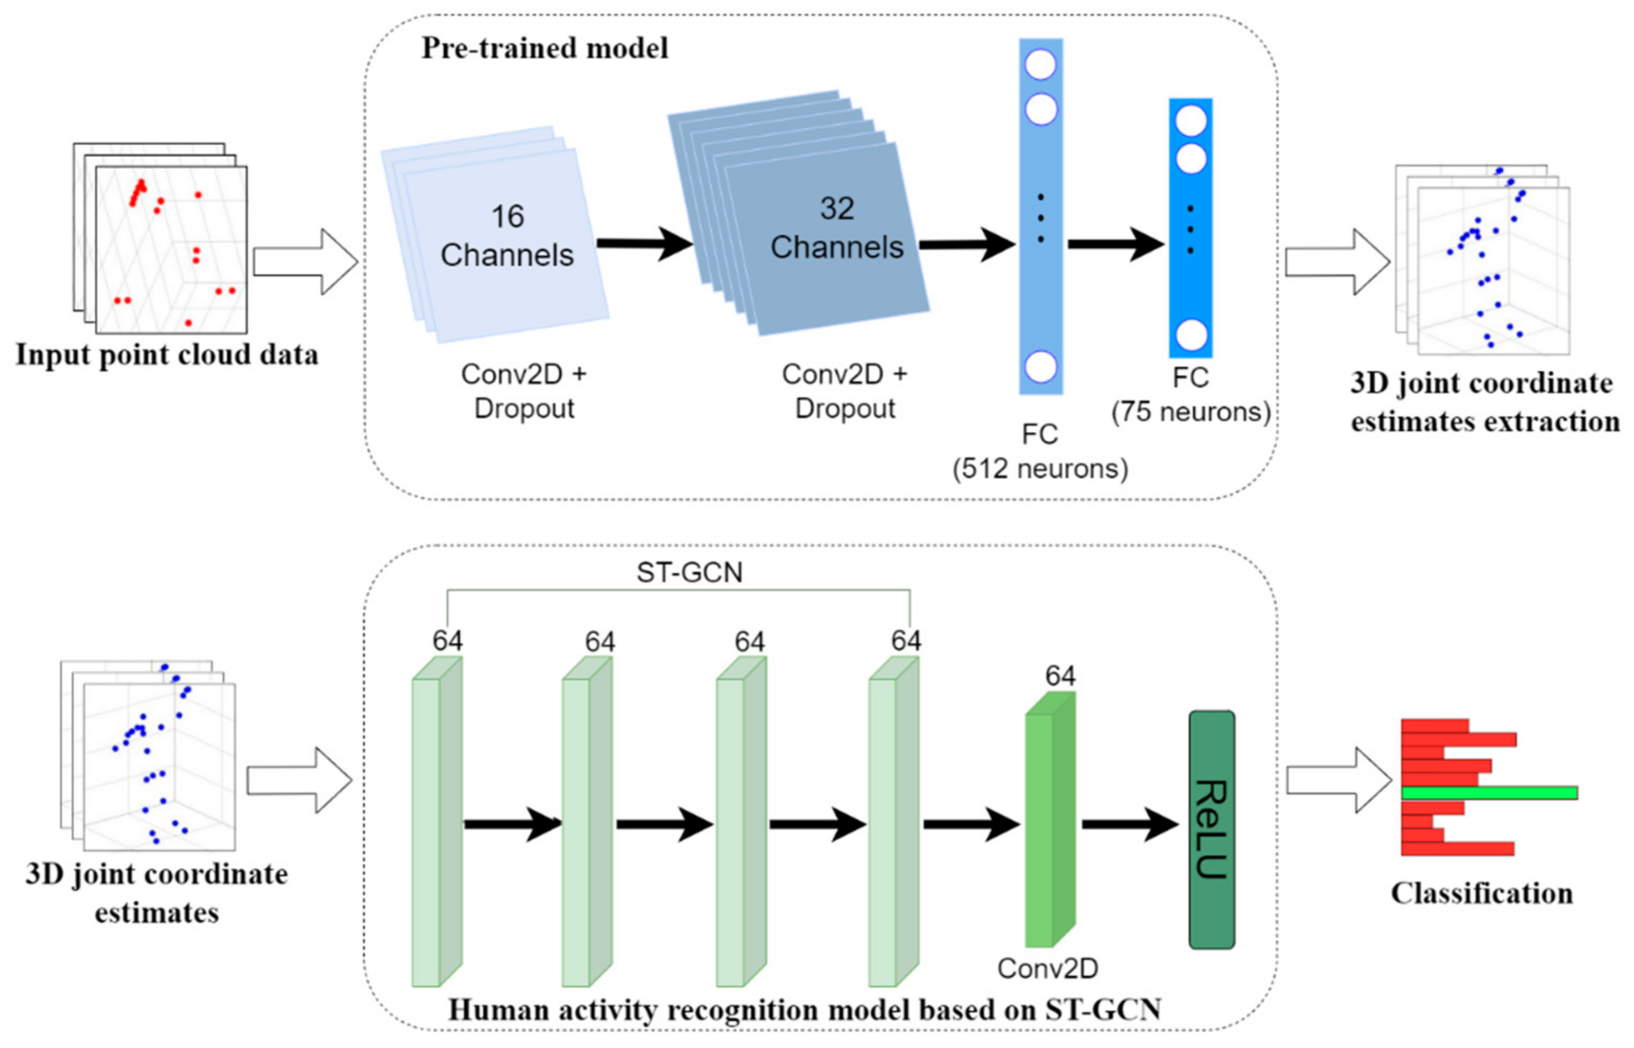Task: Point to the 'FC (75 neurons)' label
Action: (x=1191, y=395)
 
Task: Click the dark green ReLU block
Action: (x=1211, y=829)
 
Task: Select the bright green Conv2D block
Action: (x=1049, y=824)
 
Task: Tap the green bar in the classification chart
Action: (x=1489, y=793)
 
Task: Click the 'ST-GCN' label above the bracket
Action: (x=688, y=572)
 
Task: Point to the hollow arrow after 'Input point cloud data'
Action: (x=306, y=262)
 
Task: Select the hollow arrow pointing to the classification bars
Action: (x=1337, y=780)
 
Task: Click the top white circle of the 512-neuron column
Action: (x=1040, y=65)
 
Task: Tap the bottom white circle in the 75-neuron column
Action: (x=1191, y=335)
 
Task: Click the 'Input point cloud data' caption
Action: (x=167, y=355)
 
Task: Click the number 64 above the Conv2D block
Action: (x=1060, y=676)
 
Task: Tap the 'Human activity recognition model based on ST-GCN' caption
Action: (x=804, y=1010)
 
